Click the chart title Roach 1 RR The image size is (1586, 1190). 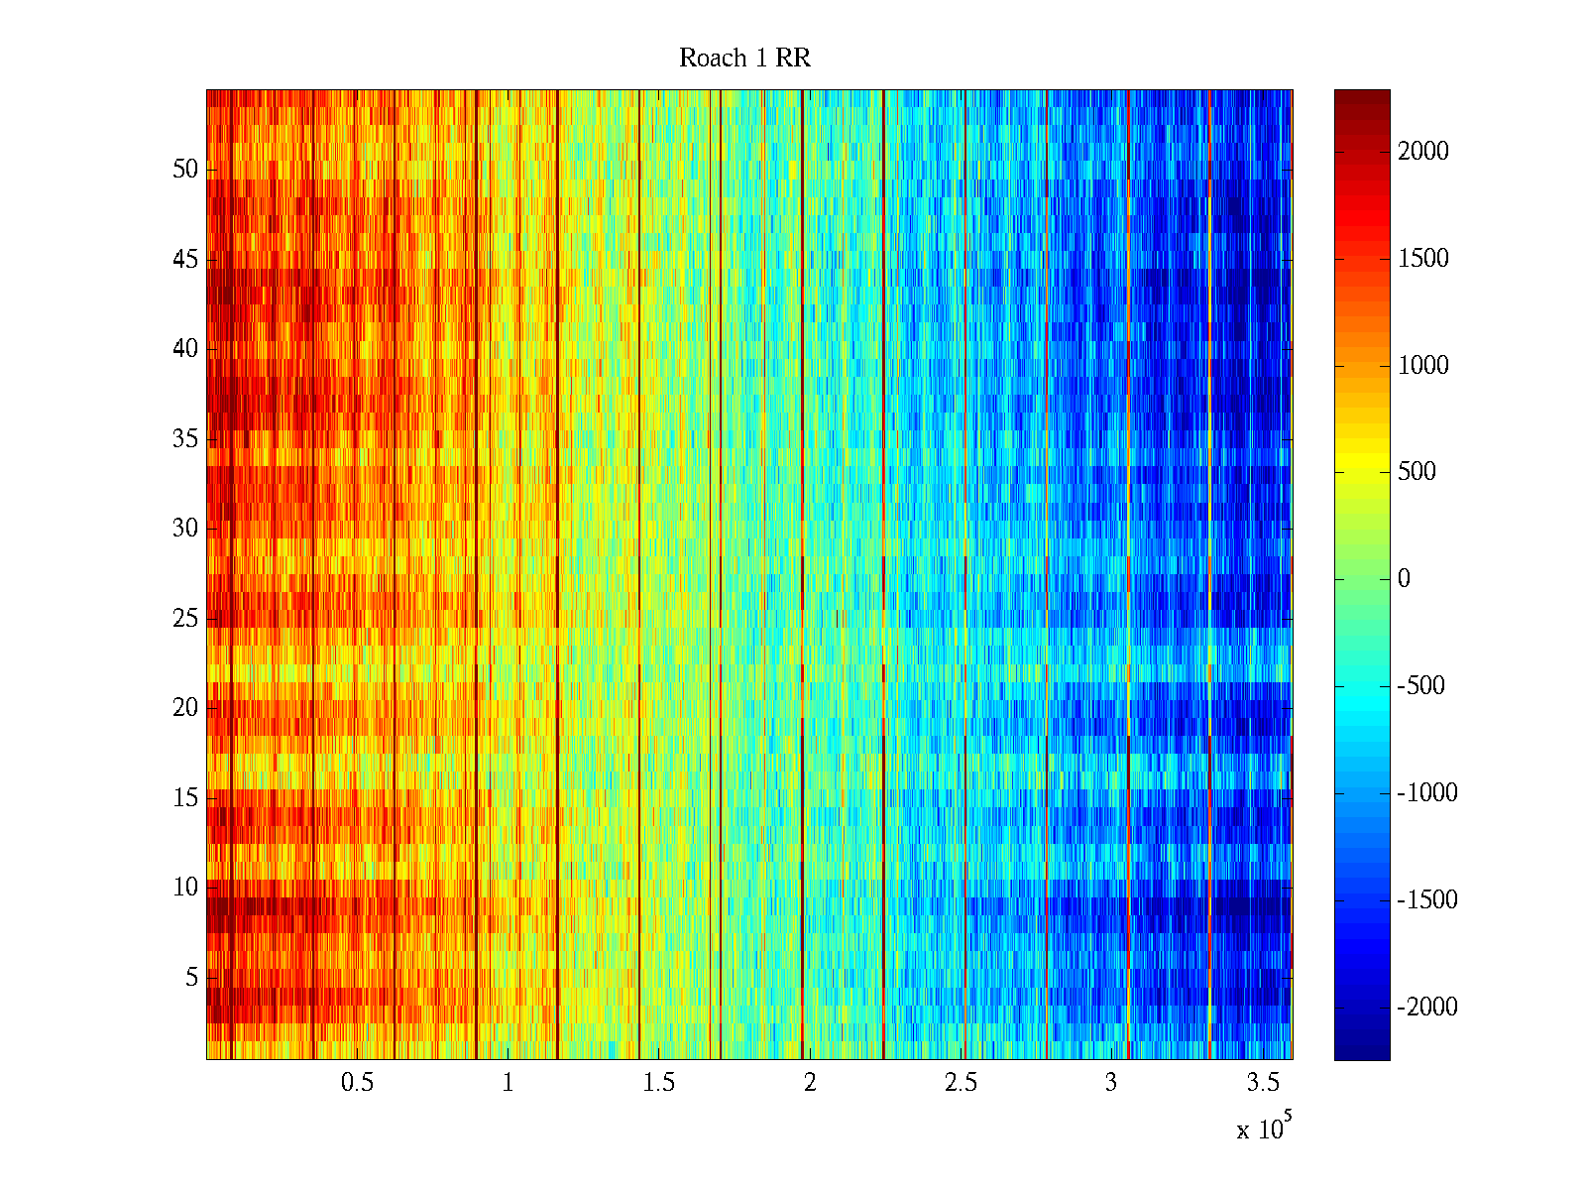[x=744, y=59]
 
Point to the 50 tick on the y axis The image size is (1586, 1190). [x=185, y=170]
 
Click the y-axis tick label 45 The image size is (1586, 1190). [x=185, y=260]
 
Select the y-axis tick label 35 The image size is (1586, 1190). [x=185, y=439]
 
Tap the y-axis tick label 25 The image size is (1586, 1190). [x=185, y=619]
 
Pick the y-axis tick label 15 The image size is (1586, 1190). [x=185, y=798]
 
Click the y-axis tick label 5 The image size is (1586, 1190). [x=191, y=978]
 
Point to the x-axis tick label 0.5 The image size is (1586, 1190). [x=358, y=1083]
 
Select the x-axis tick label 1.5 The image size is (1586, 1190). [x=659, y=1083]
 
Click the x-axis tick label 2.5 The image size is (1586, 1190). [x=961, y=1083]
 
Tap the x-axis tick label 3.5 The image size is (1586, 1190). [x=1262, y=1083]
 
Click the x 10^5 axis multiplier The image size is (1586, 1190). [x=1264, y=1128]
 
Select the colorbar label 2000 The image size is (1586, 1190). [x=1423, y=151]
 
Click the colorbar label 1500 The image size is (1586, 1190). [x=1423, y=258]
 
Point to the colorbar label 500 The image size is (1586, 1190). [x=1416, y=472]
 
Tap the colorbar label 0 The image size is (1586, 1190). [x=1404, y=579]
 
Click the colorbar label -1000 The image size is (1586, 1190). [x=1427, y=793]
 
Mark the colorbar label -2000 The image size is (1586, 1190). [x=1427, y=1008]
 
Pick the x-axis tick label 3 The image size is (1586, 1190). [x=1111, y=1083]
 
